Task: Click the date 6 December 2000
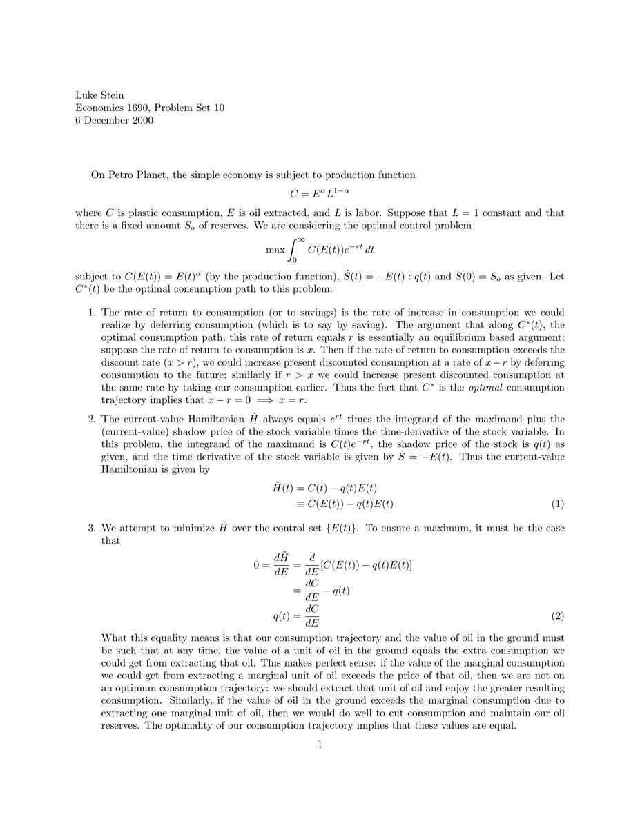click(x=114, y=120)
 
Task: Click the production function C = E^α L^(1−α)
click(x=320, y=194)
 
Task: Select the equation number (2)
click(x=558, y=614)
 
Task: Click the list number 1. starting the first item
click(x=92, y=313)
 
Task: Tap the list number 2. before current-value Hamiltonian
click(x=92, y=419)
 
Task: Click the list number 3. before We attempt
click(x=92, y=529)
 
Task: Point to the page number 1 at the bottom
click(x=320, y=745)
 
